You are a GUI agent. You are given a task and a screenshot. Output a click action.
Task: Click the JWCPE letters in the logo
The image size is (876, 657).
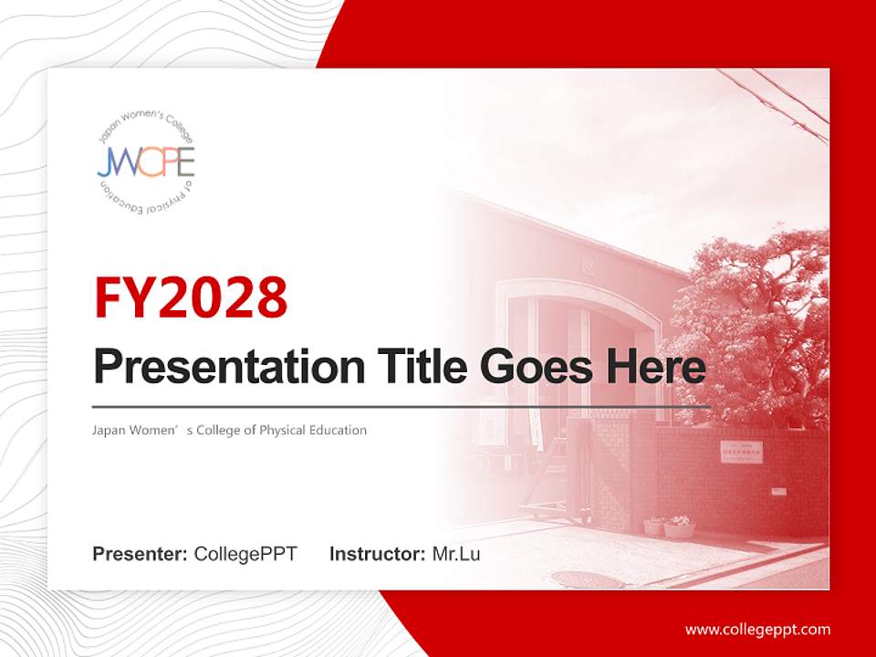point(146,162)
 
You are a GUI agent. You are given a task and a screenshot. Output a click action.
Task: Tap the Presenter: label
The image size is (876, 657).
point(140,554)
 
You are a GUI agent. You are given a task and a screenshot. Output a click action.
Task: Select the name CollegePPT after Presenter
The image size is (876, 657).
point(245,554)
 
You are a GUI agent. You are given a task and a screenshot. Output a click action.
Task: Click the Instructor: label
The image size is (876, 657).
point(377,554)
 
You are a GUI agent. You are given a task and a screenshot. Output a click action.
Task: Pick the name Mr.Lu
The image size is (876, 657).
point(456,554)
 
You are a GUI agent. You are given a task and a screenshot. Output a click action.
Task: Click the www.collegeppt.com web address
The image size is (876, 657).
point(757,629)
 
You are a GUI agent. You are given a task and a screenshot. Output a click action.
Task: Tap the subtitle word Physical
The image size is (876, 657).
point(285,430)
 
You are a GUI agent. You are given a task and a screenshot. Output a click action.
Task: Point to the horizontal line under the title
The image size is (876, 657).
point(401,406)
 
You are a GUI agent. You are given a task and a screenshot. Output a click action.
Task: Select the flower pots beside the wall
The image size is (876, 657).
point(669,527)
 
